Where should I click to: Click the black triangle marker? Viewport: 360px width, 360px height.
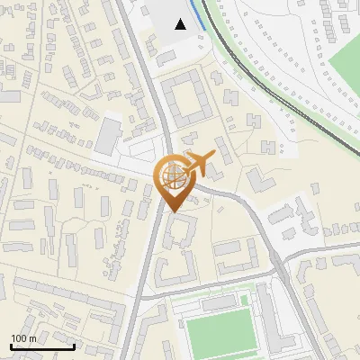pyautogui.click(x=181, y=24)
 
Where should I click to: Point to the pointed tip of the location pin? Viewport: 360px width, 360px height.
pyautogui.click(x=173, y=211)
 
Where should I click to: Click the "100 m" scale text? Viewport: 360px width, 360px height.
pyautogui.click(x=23, y=338)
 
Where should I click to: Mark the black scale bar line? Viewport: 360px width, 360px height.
pyautogui.click(x=42, y=346)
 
